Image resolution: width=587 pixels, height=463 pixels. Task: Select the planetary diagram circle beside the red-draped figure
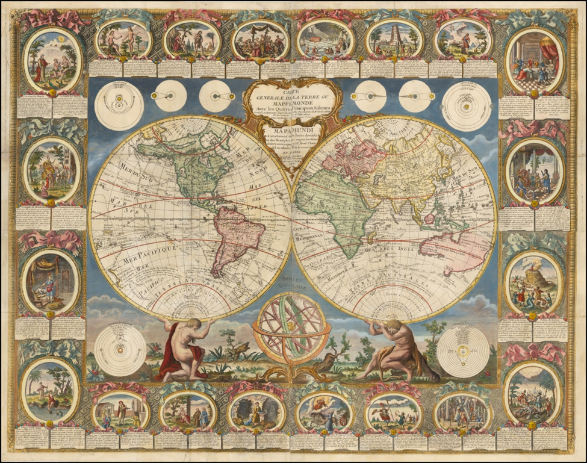(x=119, y=349)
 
